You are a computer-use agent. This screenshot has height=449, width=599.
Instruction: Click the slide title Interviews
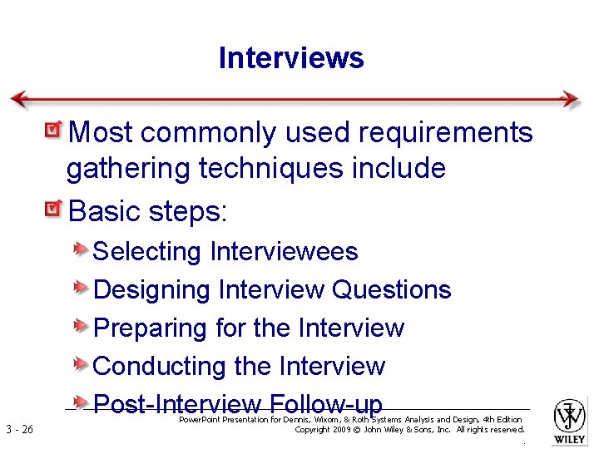point(291,58)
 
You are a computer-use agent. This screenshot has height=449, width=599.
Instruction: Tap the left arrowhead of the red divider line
point(19,99)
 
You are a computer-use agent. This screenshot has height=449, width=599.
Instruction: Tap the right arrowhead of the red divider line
point(571,99)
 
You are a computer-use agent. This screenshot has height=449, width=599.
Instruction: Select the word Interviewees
point(284,251)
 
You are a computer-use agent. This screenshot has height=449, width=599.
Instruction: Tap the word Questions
point(391,289)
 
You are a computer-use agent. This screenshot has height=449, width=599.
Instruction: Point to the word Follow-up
point(325,404)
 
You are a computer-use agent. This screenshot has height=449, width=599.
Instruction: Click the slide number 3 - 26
point(18,430)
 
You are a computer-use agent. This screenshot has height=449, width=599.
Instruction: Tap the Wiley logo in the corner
point(570,420)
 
